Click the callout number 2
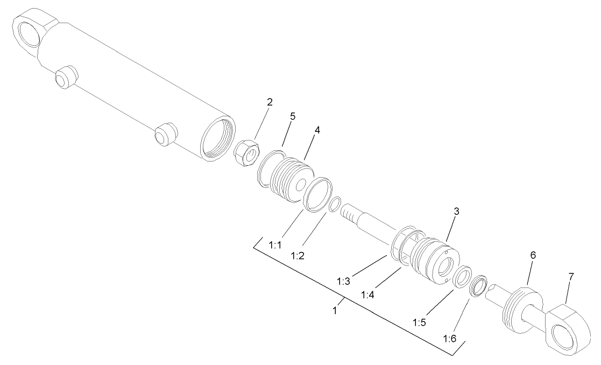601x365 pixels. click(x=270, y=101)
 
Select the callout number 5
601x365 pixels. click(x=293, y=116)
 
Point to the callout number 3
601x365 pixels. click(x=456, y=212)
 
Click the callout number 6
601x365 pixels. click(x=533, y=255)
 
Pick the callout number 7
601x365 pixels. click(x=571, y=276)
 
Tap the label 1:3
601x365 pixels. click(x=344, y=280)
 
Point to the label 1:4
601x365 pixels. click(x=368, y=294)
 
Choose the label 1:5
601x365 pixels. click(x=420, y=323)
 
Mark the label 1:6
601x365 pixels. click(x=450, y=338)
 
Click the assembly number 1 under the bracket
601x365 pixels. click(x=335, y=311)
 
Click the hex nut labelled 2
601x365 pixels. click(x=247, y=153)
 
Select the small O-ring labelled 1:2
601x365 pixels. click(x=334, y=205)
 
